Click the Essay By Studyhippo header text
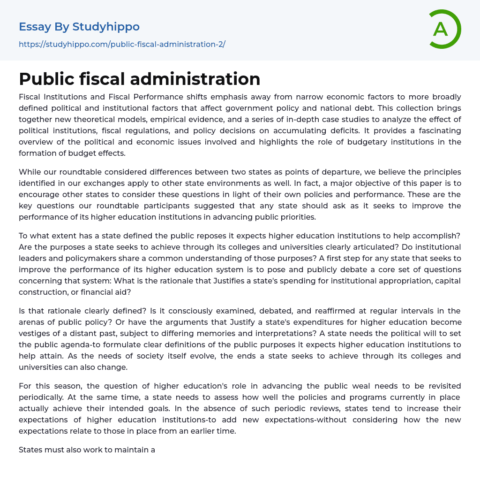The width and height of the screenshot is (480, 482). pos(79,27)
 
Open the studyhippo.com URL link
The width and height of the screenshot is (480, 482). pos(122,44)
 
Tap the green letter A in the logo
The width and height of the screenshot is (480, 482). pos(440,29)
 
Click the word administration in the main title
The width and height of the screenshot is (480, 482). pos(195,79)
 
